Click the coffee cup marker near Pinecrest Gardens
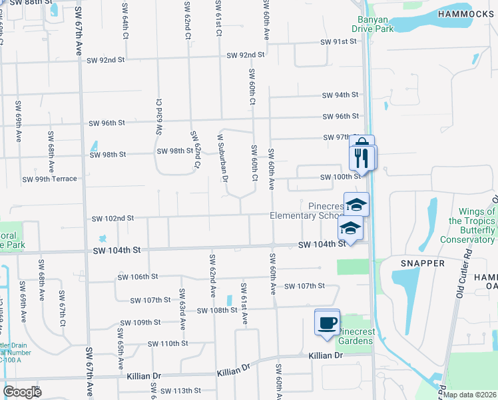[327, 323]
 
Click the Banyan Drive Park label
[373, 24]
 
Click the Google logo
[22, 392]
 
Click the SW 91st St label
[340, 42]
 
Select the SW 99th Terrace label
[50, 179]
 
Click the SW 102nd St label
[113, 218]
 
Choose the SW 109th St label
[138, 322]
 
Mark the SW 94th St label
[340, 95]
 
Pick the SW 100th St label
[340, 177]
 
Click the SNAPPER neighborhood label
[422, 263]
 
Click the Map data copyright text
[469, 395]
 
